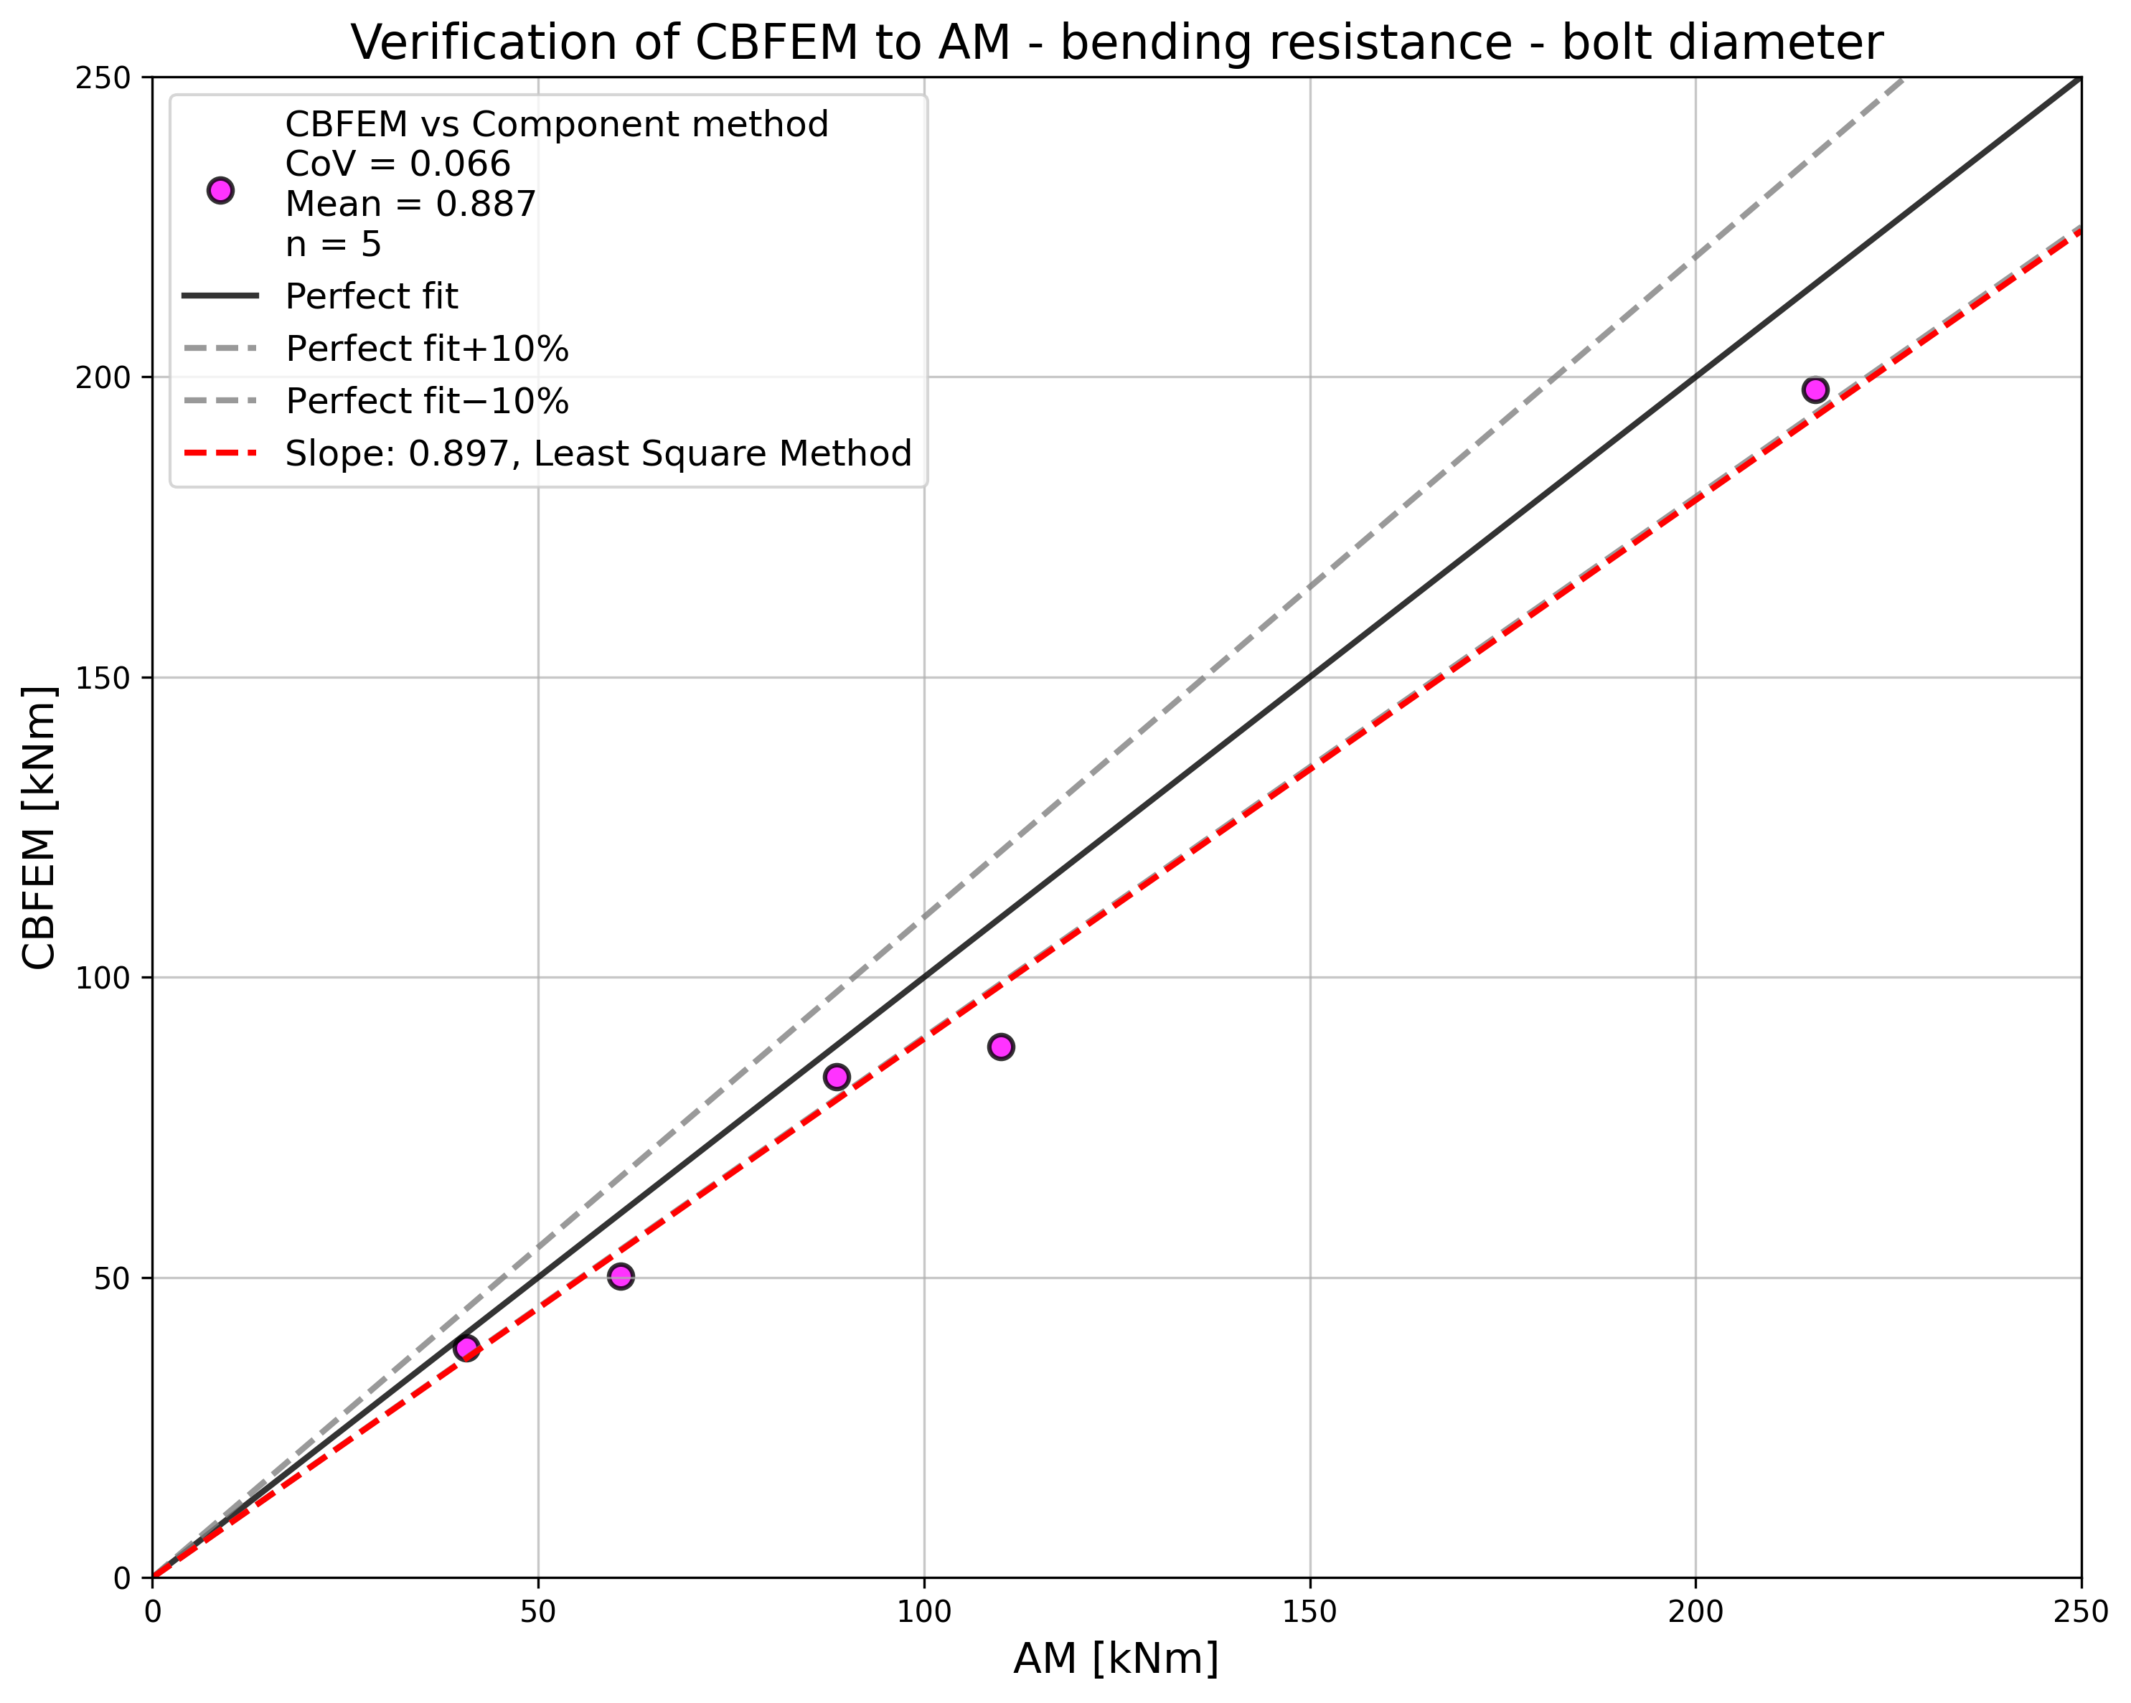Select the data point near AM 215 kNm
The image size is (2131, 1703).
[1815, 390]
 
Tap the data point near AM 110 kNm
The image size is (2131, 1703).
[1000, 1047]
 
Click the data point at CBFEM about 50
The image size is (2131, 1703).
[620, 1276]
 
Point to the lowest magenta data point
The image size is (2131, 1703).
[466, 1348]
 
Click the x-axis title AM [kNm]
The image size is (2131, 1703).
[1116, 1659]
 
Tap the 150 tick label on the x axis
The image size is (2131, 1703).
[1309, 1612]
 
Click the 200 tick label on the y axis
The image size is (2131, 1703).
[103, 377]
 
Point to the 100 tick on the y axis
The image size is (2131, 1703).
[103, 978]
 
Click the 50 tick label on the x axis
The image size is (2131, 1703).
[537, 1612]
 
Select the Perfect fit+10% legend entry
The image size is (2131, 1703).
[427, 349]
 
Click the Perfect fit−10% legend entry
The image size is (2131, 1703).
[427, 401]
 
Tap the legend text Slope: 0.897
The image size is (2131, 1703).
[598, 453]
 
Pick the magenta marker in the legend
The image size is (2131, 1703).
[220, 191]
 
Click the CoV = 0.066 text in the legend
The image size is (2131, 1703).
[397, 164]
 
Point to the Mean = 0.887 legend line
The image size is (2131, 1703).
[410, 204]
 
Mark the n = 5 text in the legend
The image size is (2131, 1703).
[333, 244]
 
